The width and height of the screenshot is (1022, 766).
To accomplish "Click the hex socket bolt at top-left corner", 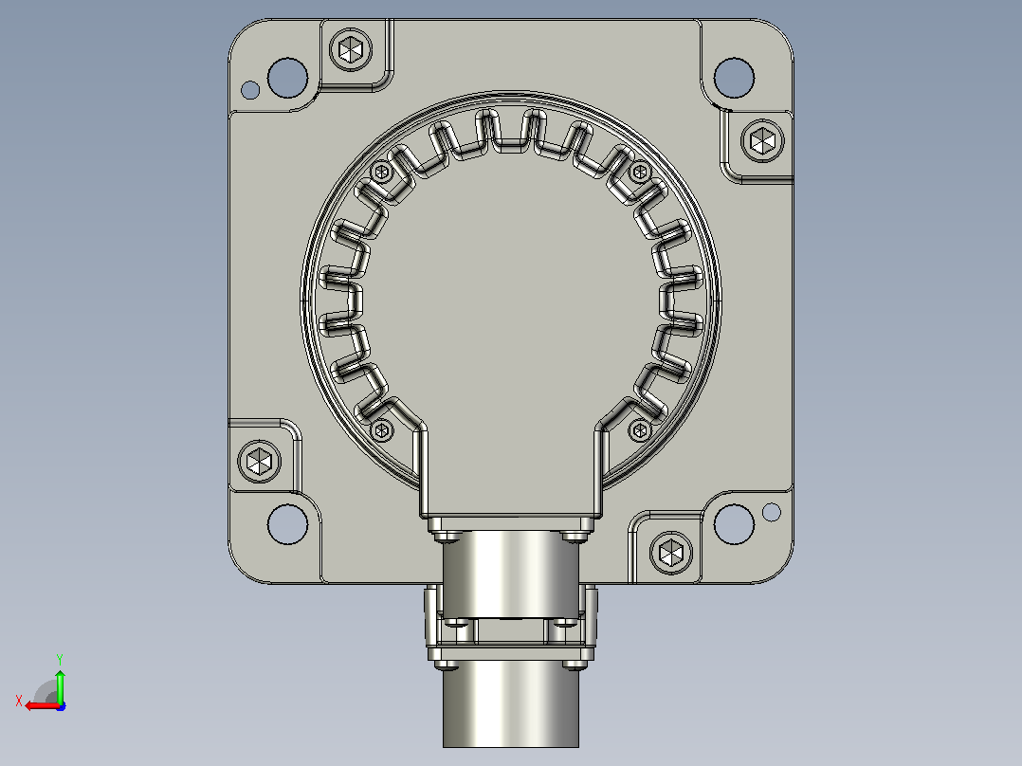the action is [x=351, y=49].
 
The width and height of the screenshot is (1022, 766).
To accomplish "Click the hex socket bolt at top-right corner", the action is [x=762, y=141].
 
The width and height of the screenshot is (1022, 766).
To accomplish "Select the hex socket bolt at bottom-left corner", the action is [x=260, y=462].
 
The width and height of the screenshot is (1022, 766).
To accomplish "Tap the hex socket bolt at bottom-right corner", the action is [x=671, y=554].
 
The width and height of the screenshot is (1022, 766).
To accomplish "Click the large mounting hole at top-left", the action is [x=287, y=78].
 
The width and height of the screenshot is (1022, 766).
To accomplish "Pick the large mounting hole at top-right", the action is [x=734, y=78].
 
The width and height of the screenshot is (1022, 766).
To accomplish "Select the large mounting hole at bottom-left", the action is [x=287, y=524].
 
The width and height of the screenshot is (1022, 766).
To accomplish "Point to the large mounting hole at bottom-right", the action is [x=734, y=524].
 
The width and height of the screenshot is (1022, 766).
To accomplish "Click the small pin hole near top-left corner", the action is [x=250, y=90].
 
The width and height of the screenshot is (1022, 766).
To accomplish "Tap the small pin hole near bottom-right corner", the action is [x=771, y=513].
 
